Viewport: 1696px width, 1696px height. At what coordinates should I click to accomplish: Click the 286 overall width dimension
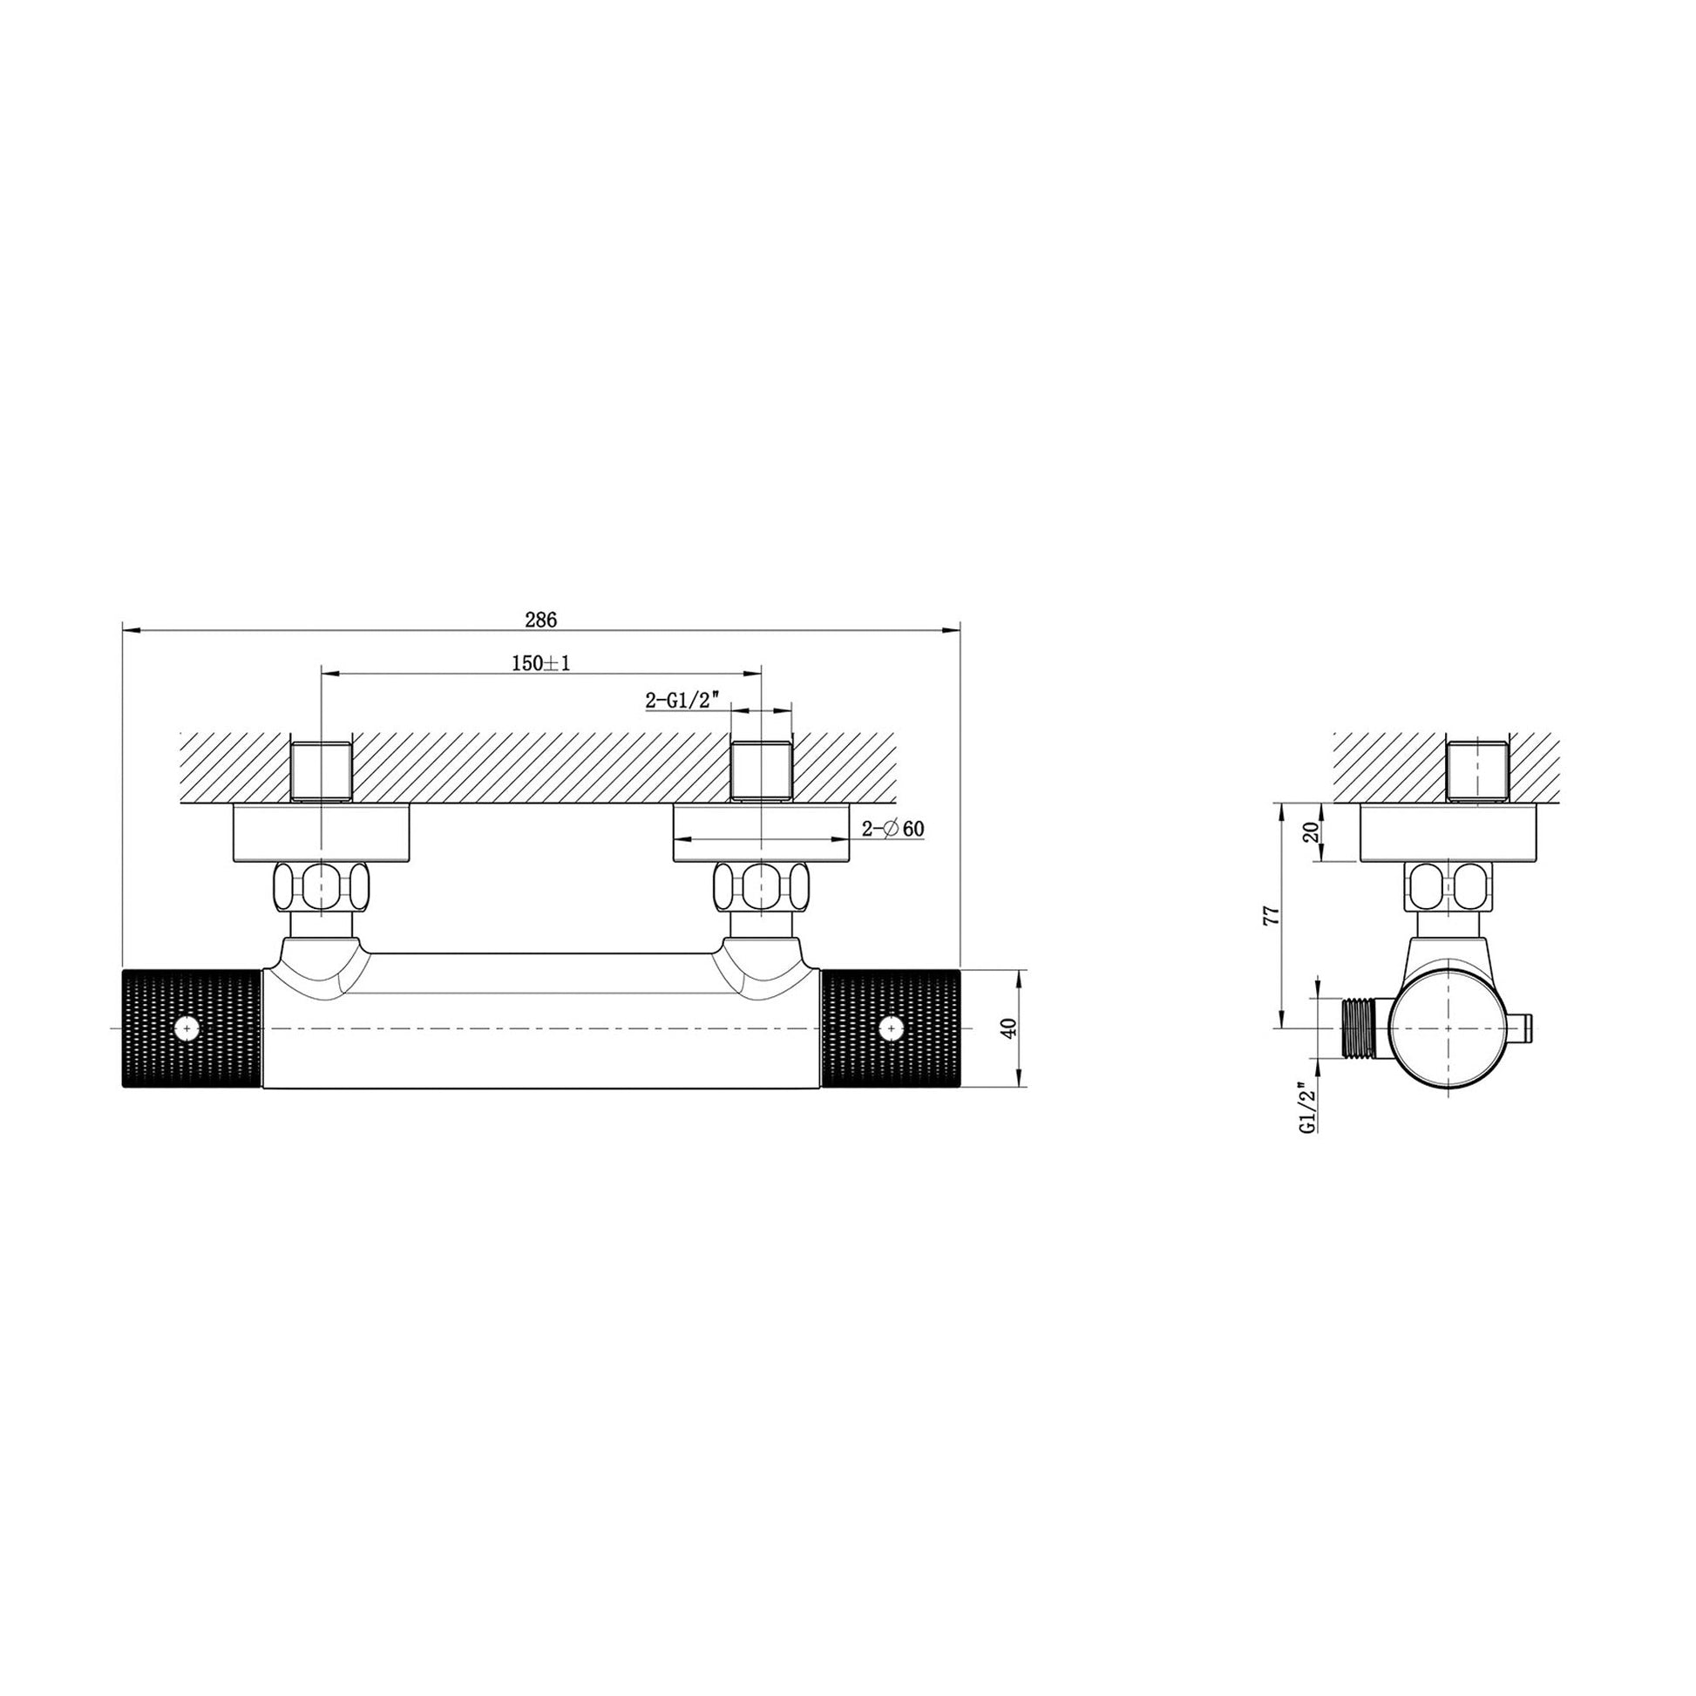tap(540, 619)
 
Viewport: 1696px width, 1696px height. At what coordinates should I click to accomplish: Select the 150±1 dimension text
tap(540, 662)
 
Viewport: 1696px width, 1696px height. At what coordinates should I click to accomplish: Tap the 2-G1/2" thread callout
tap(682, 700)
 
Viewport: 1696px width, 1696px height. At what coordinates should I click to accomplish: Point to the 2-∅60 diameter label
tap(892, 828)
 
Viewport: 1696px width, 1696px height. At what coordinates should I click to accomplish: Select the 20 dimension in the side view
tap(1312, 832)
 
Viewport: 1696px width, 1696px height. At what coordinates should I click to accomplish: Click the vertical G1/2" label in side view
tap(1308, 1110)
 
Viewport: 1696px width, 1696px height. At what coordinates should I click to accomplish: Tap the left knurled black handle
tap(193, 1028)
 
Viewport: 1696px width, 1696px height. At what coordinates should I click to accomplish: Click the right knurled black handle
tap(892, 1028)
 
